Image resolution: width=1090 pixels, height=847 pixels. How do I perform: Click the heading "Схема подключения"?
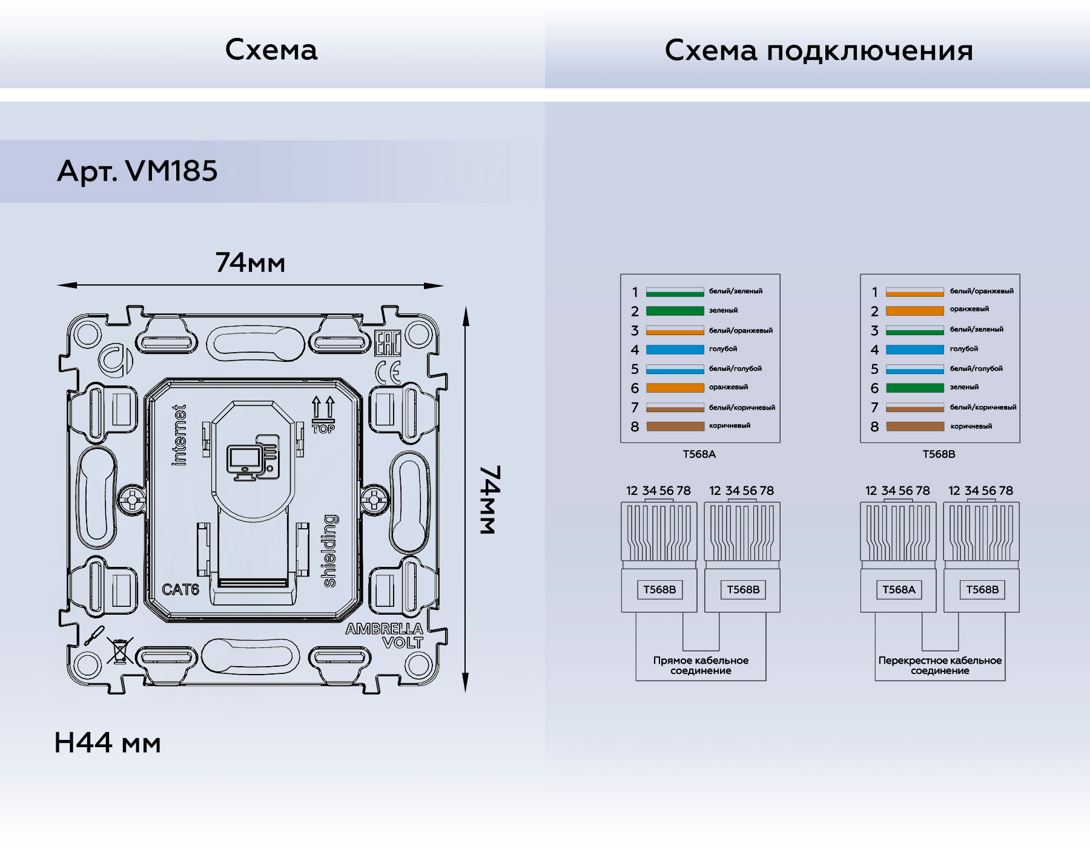pos(819,50)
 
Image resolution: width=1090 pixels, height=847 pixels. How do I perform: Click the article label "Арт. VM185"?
pos(137,171)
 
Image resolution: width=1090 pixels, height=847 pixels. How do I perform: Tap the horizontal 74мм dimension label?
pos(250,263)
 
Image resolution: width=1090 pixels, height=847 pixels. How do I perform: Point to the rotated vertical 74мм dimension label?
pos(490,500)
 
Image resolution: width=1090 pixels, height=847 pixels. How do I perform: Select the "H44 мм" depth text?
pos(108,743)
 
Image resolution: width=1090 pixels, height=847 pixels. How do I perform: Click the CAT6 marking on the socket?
pos(180,589)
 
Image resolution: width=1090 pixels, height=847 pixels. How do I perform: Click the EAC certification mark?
pos(388,344)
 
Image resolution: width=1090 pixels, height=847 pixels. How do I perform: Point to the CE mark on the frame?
pos(388,372)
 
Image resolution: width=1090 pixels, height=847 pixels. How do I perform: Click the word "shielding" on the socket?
pos(329,551)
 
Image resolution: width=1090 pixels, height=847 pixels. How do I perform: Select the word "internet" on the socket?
pos(179,436)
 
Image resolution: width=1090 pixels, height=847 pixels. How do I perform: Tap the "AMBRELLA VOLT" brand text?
pos(385,635)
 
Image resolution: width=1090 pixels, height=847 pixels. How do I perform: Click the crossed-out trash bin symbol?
pos(120,650)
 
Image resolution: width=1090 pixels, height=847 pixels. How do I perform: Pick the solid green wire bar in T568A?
pos(675,311)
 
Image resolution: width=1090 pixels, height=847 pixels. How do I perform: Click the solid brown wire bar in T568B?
pos(914,427)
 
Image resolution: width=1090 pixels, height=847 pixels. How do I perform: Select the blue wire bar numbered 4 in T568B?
pos(914,350)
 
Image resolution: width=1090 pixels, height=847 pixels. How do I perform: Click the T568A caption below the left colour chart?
pos(699,454)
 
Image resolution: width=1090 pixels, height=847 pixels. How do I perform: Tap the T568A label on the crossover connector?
pos(899,590)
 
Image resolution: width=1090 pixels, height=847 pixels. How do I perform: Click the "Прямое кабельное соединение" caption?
pos(701,665)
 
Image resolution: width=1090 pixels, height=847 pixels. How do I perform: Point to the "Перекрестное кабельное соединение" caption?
pos(940,665)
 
